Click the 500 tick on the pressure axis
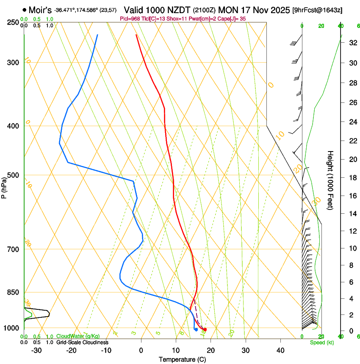coord(13,175)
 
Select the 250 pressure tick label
coord(13,22)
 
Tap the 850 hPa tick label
coord(13,292)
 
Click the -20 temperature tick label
coord(71,350)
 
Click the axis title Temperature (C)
coord(182,359)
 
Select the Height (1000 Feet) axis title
coord(331,180)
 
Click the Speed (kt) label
coord(321,342)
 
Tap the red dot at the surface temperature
coord(205,329)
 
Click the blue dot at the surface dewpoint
coord(196,329)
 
